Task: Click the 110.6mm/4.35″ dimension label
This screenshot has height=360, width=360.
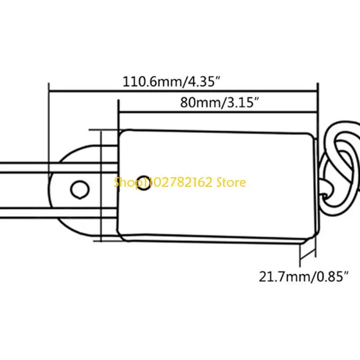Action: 171,81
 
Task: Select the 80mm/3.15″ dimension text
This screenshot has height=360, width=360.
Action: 220,103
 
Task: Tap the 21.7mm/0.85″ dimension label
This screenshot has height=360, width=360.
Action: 304,277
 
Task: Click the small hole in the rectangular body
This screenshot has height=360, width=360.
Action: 144,183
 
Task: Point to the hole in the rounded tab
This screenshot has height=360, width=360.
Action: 80,189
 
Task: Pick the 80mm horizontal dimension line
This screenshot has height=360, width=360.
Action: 218,112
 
